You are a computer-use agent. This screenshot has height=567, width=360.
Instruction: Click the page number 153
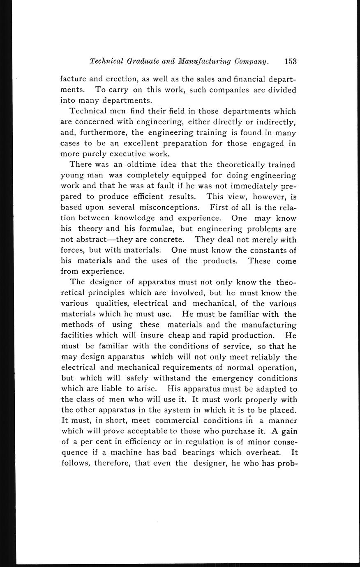coord(290,62)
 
